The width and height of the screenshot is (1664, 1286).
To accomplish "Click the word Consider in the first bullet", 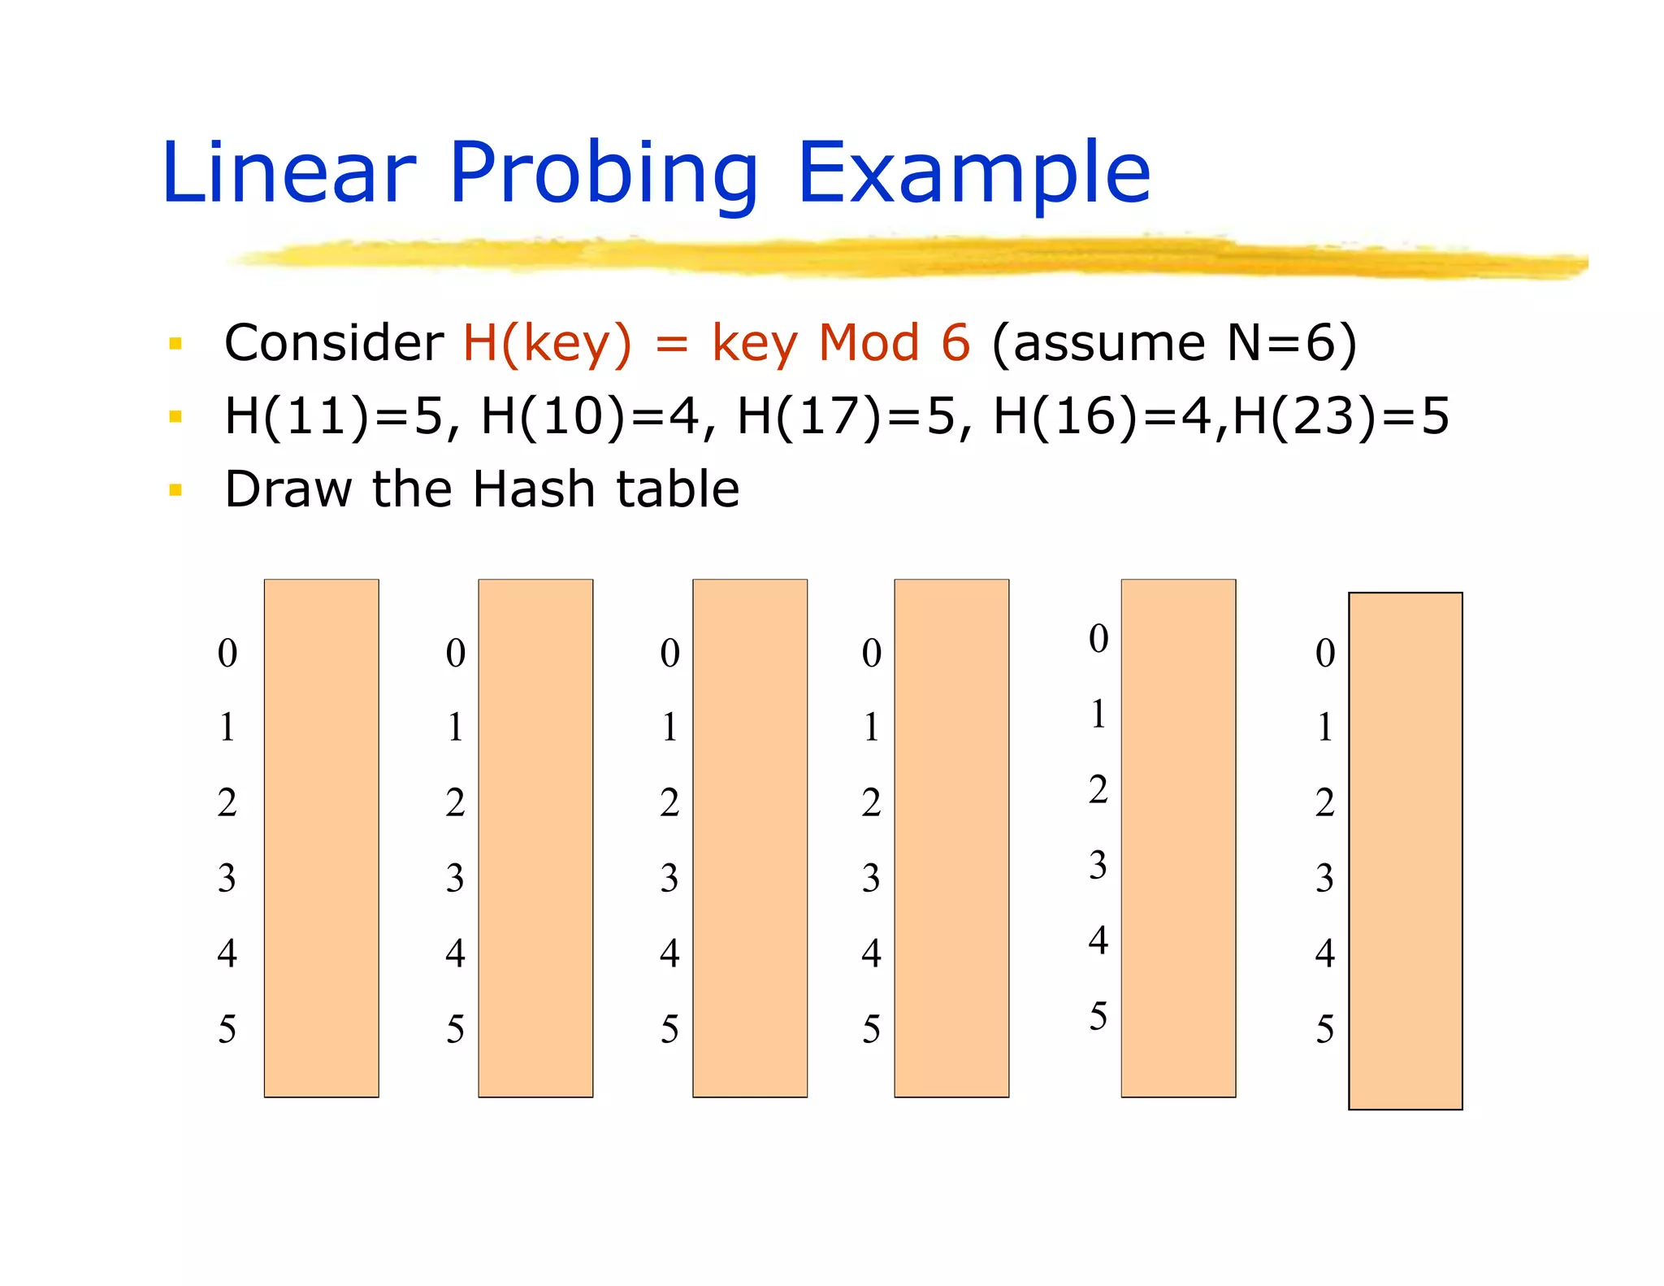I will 333,343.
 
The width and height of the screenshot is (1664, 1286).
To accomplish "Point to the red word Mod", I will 868,343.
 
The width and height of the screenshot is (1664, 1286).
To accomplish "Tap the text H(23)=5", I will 1341,416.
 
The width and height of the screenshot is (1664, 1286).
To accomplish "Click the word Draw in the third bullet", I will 288,489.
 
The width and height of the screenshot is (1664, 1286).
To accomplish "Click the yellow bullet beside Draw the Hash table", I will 175,489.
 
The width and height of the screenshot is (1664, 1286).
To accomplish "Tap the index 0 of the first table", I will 227,653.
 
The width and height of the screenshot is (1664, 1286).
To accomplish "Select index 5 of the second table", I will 455,1029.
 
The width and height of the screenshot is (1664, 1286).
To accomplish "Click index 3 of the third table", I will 669,878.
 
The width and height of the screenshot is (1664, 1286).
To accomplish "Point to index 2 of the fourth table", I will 871,803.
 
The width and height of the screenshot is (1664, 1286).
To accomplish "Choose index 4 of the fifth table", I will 1098,941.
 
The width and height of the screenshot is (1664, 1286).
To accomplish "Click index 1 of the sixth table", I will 1324,728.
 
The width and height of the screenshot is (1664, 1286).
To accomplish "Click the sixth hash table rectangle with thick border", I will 1405,850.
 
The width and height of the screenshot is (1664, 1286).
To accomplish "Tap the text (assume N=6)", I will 1174,343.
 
